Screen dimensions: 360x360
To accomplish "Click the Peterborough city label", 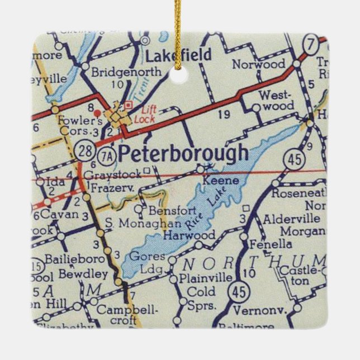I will tap(183, 153).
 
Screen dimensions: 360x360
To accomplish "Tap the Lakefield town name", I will tap(178, 55).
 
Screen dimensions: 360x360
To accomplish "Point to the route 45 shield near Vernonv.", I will tap(241, 291).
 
